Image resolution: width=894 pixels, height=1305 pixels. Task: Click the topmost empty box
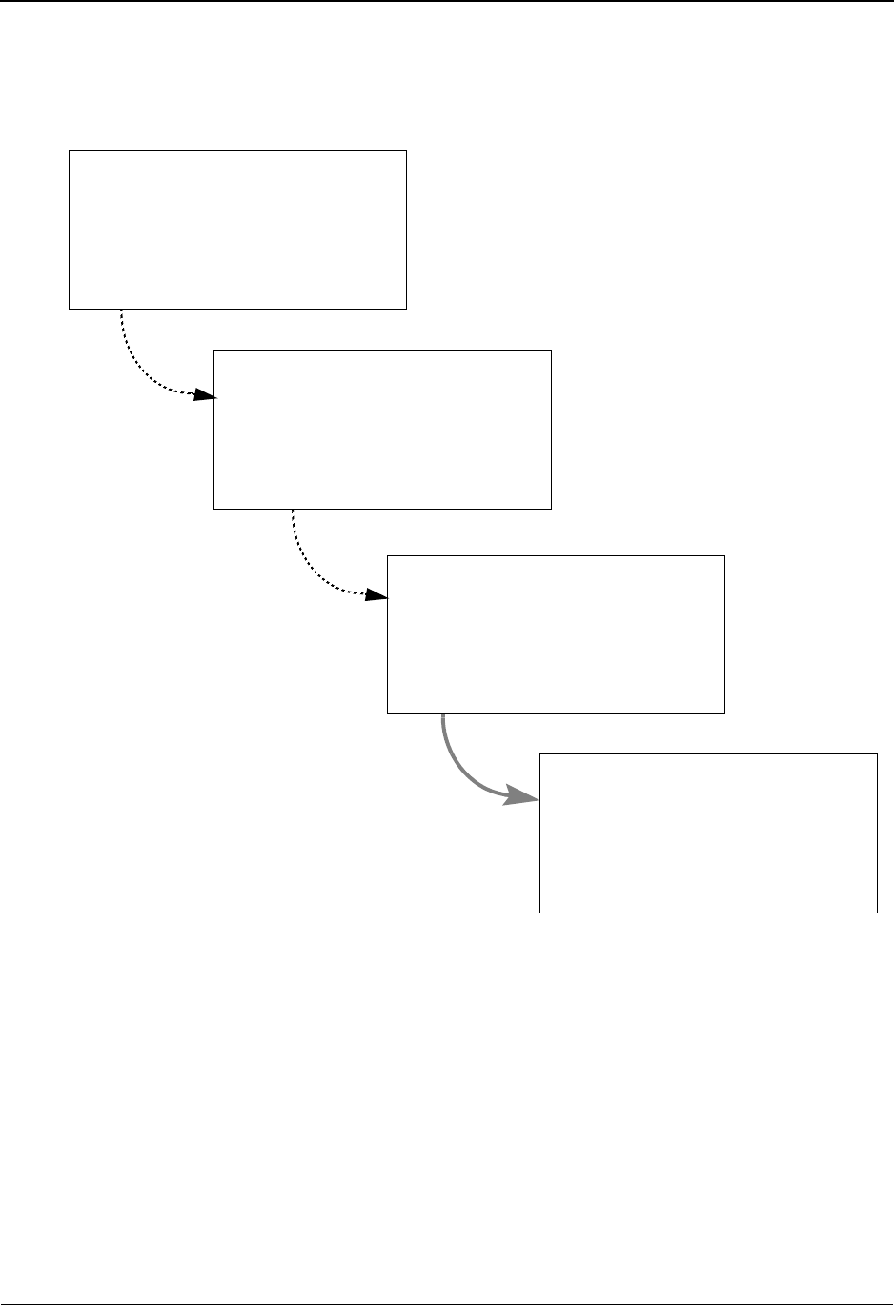point(237,229)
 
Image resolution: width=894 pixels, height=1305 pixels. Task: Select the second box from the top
point(382,429)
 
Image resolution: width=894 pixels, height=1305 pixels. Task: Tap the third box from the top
point(556,634)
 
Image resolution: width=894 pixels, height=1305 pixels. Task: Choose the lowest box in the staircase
point(708,833)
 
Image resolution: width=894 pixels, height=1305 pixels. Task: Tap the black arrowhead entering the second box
point(204,394)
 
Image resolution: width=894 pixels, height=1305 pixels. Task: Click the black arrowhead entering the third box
point(377,595)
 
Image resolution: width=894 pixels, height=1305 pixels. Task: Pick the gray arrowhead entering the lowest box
point(521,796)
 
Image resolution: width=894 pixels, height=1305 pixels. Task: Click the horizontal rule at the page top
point(447,2)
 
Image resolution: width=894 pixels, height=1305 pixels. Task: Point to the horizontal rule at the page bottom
point(447,1301)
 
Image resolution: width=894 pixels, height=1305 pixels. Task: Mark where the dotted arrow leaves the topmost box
point(122,310)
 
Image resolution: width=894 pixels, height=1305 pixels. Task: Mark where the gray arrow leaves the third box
point(443,714)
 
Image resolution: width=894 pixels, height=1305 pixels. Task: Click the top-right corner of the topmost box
point(406,150)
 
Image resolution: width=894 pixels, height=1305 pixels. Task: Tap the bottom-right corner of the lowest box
point(877,913)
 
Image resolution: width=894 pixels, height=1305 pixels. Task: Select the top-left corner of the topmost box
point(70,150)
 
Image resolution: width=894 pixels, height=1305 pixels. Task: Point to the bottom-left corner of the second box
point(214,509)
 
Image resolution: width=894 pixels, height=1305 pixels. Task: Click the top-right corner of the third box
point(724,556)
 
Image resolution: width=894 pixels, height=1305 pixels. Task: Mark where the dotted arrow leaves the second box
point(293,510)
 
